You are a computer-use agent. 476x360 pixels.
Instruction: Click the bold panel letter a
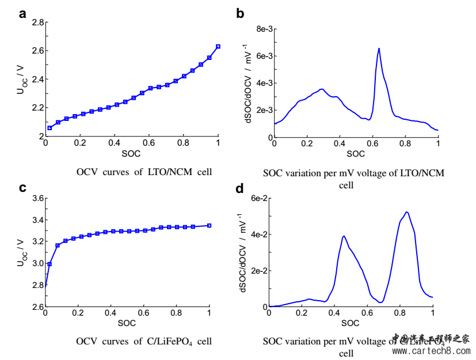coord(22,14)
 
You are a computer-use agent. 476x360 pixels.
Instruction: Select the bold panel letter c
coord(22,188)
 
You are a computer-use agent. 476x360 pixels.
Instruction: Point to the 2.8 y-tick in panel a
coord(37,22)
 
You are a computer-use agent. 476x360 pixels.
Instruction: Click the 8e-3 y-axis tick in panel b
coord(262,29)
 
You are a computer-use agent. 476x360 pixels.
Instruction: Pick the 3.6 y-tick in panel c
coord(37,198)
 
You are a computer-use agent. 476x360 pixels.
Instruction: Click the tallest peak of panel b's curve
coord(379,49)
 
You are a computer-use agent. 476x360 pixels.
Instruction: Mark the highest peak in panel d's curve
coord(407,212)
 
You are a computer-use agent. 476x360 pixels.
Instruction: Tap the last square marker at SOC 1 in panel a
coord(218,46)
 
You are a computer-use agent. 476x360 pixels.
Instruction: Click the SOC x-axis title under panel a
coord(131,154)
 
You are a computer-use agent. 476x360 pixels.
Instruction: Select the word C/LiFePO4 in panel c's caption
coord(172,342)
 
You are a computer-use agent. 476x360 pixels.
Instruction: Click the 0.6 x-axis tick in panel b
coord(372,145)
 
